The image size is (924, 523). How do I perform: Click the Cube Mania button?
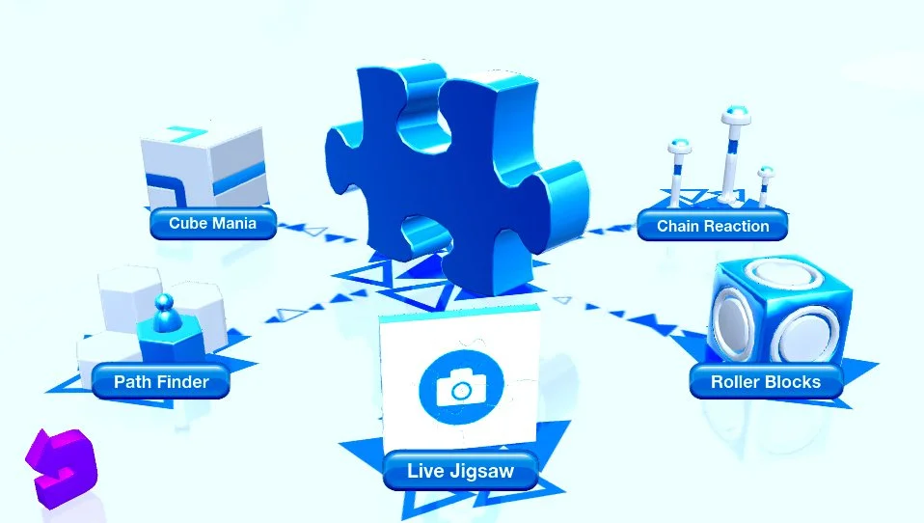pyautogui.click(x=212, y=223)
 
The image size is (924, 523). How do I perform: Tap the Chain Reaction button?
pyautogui.click(x=713, y=227)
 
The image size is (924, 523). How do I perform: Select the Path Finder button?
pyautogui.click(x=161, y=382)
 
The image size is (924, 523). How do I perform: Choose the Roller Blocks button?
pyautogui.click(x=766, y=382)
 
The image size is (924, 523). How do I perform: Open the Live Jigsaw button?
pyautogui.click(x=460, y=472)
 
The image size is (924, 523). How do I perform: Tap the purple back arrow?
pyautogui.click(x=63, y=465)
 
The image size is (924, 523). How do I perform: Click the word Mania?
pyautogui.click(x=235, y=223)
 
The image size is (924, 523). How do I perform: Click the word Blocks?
pyautogui.click(x=793, y=382)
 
